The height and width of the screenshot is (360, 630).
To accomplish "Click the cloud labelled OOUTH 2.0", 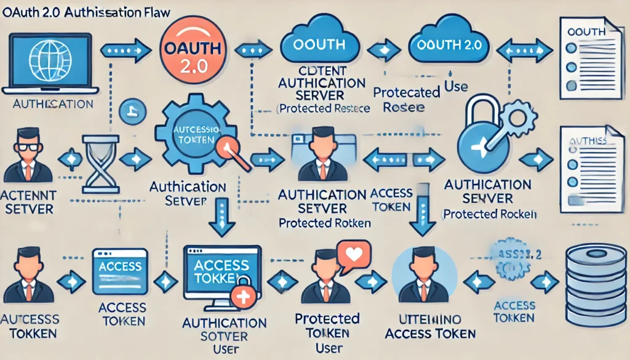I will pyautogui.click(x=448, y=44).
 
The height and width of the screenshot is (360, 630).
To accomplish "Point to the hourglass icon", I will pyautogui.click(x=100, y=159).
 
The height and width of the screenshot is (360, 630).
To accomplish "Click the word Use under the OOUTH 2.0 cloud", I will pyautogui.click(x=456, y=87).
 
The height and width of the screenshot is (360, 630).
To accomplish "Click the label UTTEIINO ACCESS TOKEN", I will pyautogui.click(x=429, y=327).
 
